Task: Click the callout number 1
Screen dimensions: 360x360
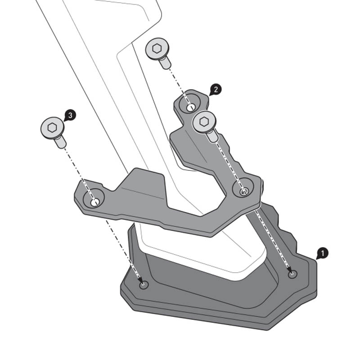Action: coord(322,253)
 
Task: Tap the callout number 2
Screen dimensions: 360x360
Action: coord(215,89)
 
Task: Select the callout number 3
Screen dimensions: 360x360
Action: coord(70,115)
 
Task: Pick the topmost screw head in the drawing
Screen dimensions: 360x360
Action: coord(157,49)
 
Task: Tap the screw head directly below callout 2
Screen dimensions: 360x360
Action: coord(204,121)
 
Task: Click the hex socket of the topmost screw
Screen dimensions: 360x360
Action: coord(157,49)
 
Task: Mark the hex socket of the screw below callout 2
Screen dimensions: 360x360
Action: coord(204,121)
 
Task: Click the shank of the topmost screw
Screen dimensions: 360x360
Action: coord(165,63)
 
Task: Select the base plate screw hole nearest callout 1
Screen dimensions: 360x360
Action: coord(293,274)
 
